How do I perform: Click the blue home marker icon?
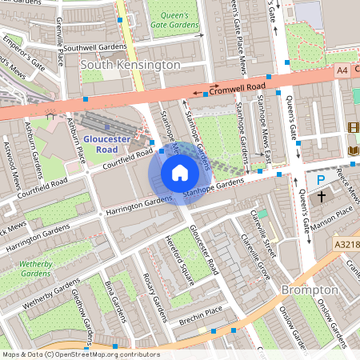180,173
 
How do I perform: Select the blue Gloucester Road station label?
106,144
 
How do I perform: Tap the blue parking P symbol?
321,181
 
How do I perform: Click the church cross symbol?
322,196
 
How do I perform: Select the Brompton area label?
308,289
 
